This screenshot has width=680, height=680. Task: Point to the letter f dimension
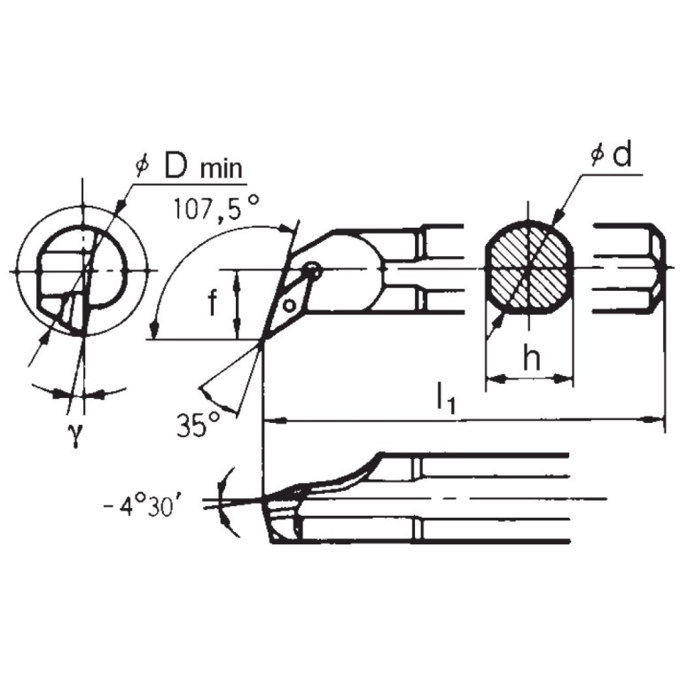pyautogui.click(x=213, y=304)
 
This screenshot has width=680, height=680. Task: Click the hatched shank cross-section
pyautogui.click(x=528, y=269)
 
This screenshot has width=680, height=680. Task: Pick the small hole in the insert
pyautogui.click(x=289, y=306)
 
